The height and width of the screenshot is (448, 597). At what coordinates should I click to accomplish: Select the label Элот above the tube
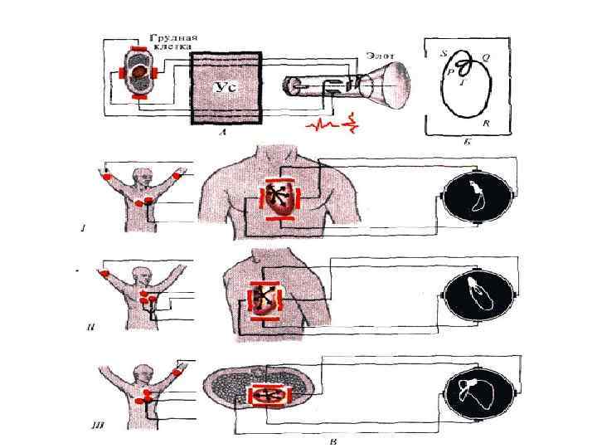point(377,55)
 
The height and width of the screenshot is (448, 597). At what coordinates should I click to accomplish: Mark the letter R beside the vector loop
point(485,123)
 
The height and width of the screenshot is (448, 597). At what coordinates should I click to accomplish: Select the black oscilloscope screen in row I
point(477,196)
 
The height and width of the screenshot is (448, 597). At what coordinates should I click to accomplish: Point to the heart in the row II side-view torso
point(267,300)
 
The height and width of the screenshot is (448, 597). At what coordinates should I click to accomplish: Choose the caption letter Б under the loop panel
point(467,143)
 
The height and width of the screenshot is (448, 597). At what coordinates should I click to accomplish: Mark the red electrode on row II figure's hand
point(104,272)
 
